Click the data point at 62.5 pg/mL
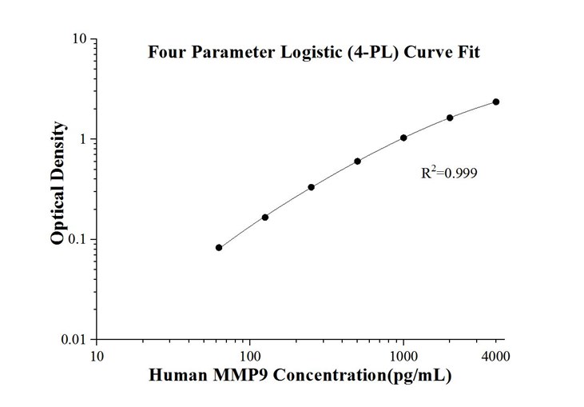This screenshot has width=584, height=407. point(219,248)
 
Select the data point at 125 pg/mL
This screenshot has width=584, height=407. point(265,217)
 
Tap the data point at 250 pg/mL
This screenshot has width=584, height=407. point(311,187)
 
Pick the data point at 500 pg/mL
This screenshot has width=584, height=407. point(357,162)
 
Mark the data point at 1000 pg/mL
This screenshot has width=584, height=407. point(403,138)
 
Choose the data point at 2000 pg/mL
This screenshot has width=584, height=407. point(450,118)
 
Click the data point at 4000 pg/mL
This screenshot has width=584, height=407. point(496,102)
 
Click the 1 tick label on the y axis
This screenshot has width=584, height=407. point(84,139)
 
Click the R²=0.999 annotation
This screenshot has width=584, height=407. point(449,172)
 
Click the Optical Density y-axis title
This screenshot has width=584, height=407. point(58,184)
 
